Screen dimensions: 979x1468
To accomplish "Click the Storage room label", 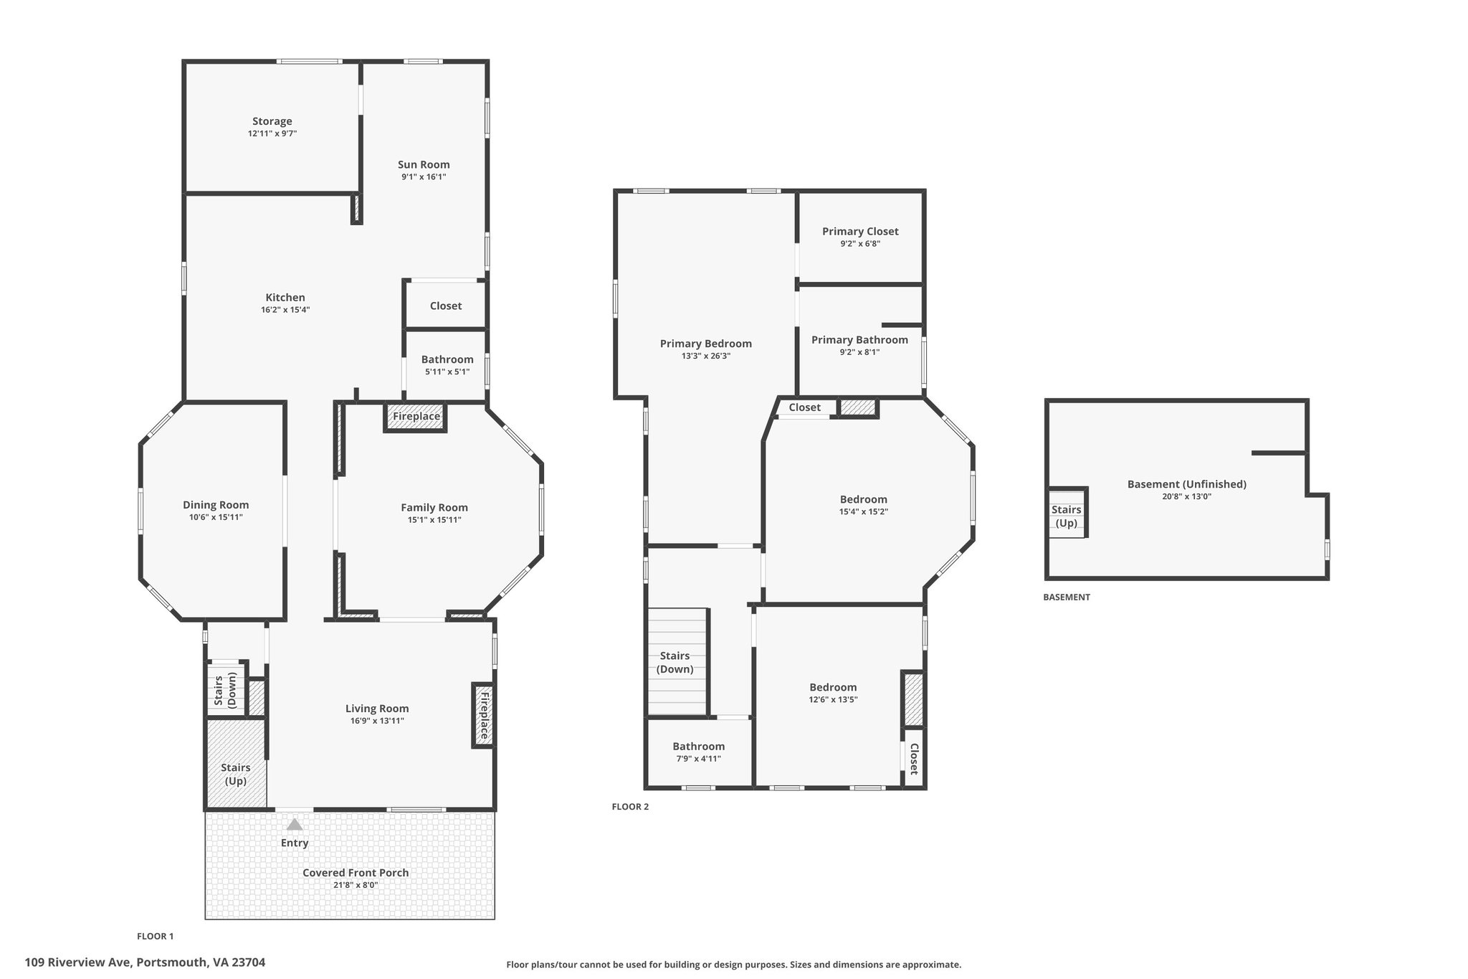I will [272, 121].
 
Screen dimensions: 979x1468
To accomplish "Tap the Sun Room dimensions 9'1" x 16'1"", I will [424, 176].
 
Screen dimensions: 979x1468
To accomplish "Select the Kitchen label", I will [285, 298].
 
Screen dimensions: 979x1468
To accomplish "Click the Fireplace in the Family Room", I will [416, 417].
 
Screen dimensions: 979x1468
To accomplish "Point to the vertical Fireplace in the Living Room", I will [483, 715].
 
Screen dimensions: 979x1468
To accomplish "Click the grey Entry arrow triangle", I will [295, 825].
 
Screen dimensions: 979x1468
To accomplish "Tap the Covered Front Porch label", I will [356, 873].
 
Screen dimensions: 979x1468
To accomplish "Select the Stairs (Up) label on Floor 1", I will [236, 774].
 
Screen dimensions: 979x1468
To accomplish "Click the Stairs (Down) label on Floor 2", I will [675, 662].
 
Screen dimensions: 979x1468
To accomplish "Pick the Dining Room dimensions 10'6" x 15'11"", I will [216, 517].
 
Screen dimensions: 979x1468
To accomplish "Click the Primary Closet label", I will [860, 231].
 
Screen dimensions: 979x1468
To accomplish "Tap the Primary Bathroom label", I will [859, 340].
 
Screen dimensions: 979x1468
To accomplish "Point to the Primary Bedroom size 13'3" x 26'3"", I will [706, 356].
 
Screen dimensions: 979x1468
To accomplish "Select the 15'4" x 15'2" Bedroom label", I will [864, 499].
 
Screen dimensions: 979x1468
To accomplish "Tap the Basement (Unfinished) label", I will [1187, 484].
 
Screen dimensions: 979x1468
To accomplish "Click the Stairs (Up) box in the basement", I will [1067, 516].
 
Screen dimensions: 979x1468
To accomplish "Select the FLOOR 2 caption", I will [630, 806].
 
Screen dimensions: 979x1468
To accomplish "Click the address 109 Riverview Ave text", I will [145, 963].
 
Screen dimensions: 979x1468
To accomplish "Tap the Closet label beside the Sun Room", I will [446, 306].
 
